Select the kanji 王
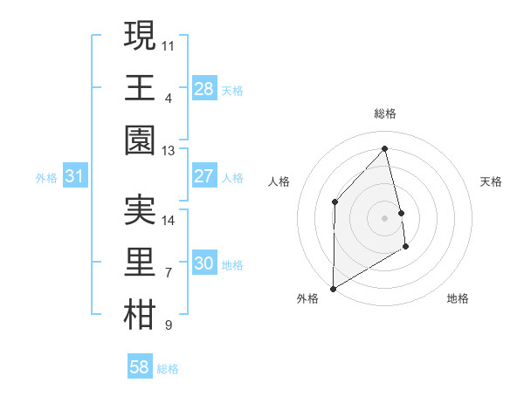[x=140, y=87]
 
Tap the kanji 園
[x=140, y=140]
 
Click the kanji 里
[x=140, y=263]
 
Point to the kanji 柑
[x=140, y=315]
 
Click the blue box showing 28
[x=203, y=88]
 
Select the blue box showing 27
[x=203, y=176]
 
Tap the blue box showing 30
[x=203, y=263]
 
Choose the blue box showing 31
[x=75, y=176]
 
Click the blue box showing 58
[x=140, y=367]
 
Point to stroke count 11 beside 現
[x=169, y=44]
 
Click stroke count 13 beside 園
[x=169, y=150]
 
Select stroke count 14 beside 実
[x=169, y=220]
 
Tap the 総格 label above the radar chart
[x=385, y=114]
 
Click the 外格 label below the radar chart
[x=307, y=298]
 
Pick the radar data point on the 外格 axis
[x=333, y=288]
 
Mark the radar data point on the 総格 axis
[x=385, y=149]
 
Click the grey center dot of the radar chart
[x=385, y=217]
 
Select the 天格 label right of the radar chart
[x=492, y=181]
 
